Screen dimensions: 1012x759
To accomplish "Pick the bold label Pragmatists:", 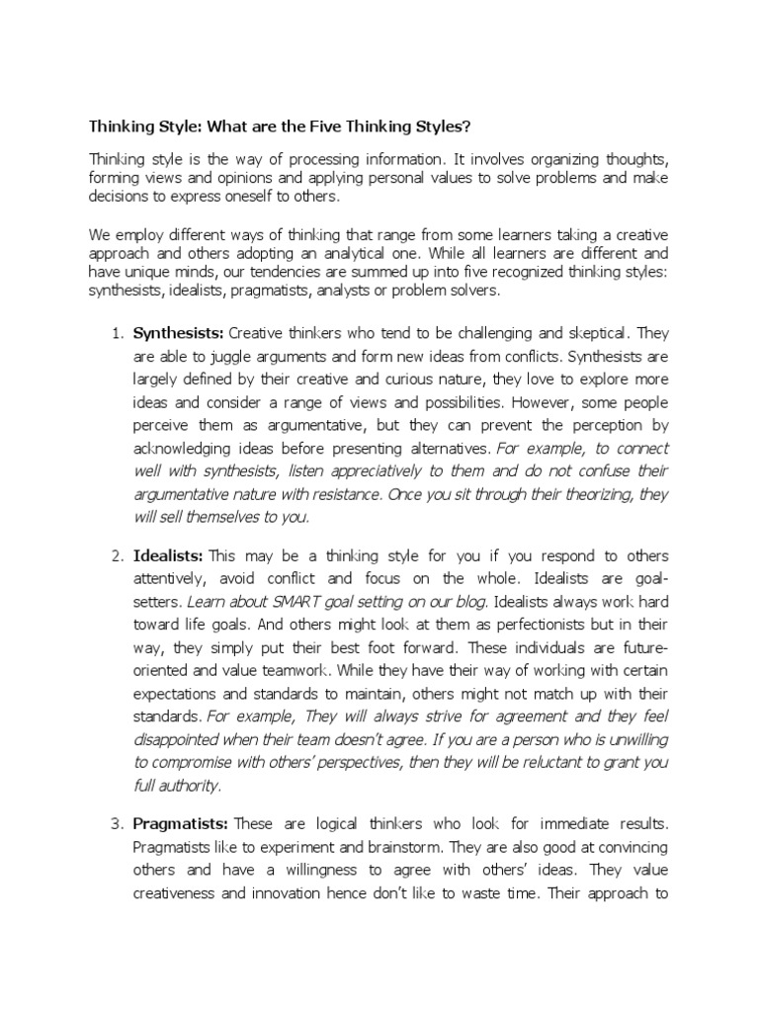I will [181, 823].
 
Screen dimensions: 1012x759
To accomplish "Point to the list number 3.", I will [113, 823].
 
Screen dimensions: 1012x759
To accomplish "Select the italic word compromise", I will [192, 763].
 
